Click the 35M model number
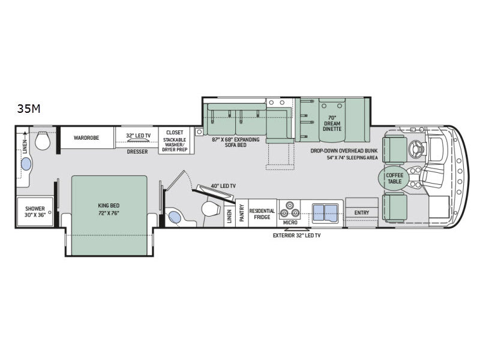tap(29, 109)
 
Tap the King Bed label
tap(109, 205)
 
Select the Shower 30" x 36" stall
tap(35, 212)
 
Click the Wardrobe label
tap(86, 138)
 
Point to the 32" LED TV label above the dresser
tap(139, 136)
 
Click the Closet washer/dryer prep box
tap(175, 140)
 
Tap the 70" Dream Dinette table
tap(332, 120)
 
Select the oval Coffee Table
tap(394, 178)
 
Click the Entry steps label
tap(362, 212)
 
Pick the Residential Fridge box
tap(262, 213)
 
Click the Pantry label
tap(242, 213)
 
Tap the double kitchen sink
tap(325, 212)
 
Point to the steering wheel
tap(416, 148)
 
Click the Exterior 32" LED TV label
tap(296, 235)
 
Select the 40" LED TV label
tap(223, 186)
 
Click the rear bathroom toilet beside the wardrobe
tap(43, 140)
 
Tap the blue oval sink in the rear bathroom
tap(26, 164)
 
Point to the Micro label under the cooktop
tap(290, 223)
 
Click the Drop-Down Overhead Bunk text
tap(344, 151)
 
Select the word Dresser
tap(137, 152)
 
